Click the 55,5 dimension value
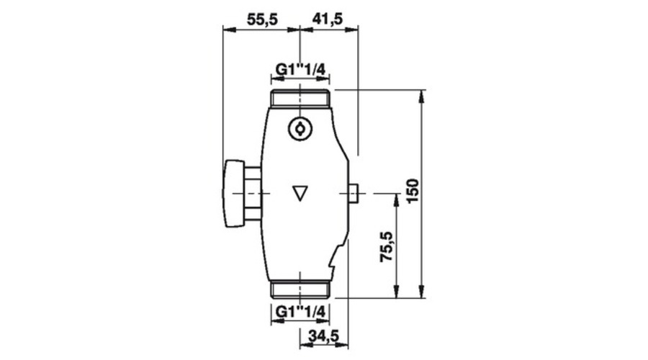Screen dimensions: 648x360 pyautogui.click(x=262, y=19)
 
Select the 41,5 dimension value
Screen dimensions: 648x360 pyautogui.click(x=328, y=19)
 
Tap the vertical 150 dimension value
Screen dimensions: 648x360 pyautogui.click(x=413, y=190)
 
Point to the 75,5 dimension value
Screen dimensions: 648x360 pyautogui.click(x=387, y=246)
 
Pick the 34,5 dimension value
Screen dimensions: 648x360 pyautogui.click(x=323, y=336)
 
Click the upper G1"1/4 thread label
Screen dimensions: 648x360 pyautogui.click(x=300, y=69)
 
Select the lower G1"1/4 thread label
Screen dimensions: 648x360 pyautogui.click(x=300, y=311)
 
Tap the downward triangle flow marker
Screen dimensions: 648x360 pyautogui.click(x=300, y=194)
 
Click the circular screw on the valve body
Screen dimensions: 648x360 pyautogui.click(x=300, y=129)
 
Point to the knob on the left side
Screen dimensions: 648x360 pyautogui.click(x=234, y=194)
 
